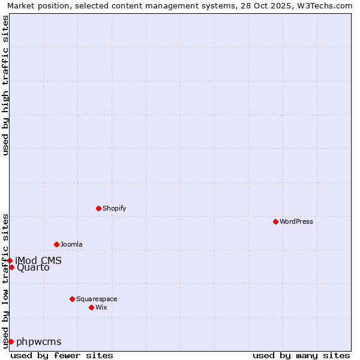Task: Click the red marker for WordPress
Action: (275, 221)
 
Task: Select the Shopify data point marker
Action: (98, 208)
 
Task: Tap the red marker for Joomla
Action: (56, 244)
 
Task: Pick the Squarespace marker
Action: (72, 299)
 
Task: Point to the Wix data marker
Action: (91, 307)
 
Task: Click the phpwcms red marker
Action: (11, 341)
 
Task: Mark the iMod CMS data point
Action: (10, 260)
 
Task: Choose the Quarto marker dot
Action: (11, 267)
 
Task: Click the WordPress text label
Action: (296, 221)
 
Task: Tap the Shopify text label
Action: (114, 208)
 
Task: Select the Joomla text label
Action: (71, 244)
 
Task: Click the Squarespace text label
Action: (97, 299)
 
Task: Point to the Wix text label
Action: (101, 307)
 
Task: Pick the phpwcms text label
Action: (39, 342)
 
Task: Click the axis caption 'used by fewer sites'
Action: (62, 355)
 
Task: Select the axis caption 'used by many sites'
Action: (301, 355)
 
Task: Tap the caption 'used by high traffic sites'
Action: (5, 85)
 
